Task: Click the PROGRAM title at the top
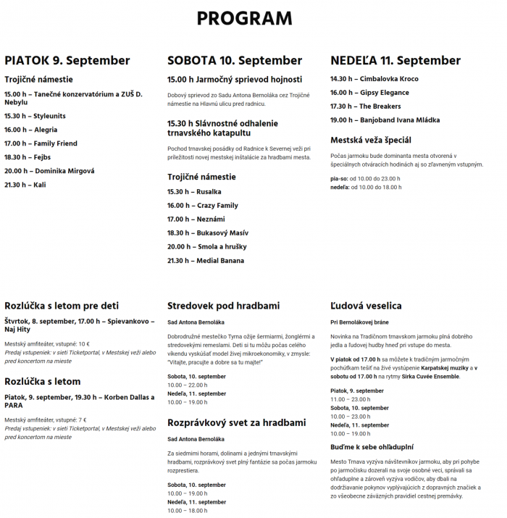click(244, 18)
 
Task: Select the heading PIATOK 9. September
click(67, 60)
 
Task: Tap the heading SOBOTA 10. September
click(235, 60)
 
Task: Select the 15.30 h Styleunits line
click(35, 116)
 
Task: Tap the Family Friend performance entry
click(41, 143)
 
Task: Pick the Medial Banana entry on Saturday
click(206, 261)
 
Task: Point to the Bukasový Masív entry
click(208, 233)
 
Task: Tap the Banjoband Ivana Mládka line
click(385, 120)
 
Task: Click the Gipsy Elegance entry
click(369, 93)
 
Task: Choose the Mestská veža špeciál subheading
click(371, 140)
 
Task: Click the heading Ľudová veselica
click(366, 306)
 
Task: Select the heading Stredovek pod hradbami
click(223, 306)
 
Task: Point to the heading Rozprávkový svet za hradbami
click(237, 422)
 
